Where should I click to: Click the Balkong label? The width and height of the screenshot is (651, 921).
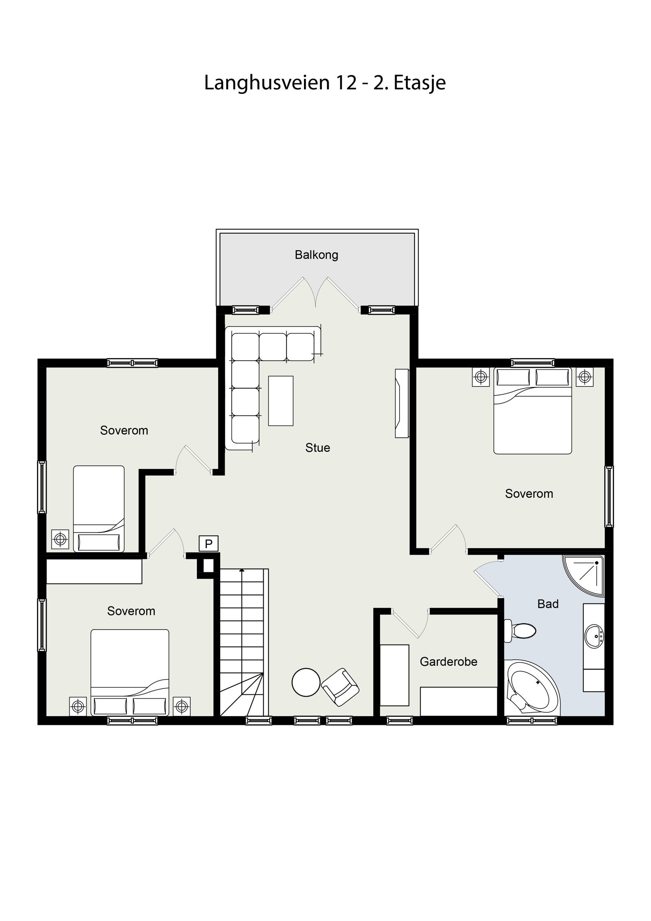pos(316,255)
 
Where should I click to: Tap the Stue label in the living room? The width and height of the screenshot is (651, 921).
pos(317,448)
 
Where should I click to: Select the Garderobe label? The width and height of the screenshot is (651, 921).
pos(448,662)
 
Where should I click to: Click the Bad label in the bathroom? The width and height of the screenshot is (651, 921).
pos(548,604)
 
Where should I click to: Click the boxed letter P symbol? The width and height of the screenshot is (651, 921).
pos(209,544)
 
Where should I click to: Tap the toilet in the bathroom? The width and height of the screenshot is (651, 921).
pos(521,631)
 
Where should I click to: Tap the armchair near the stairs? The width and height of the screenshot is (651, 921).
pos(340,687)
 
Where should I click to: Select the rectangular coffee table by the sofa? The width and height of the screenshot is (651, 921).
pos(281,401)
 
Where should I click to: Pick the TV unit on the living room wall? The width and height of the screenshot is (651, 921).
pos(402,403)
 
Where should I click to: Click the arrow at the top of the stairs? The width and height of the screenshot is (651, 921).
pos(242,571)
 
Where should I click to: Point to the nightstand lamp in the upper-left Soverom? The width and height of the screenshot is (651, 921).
pos(60,539)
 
